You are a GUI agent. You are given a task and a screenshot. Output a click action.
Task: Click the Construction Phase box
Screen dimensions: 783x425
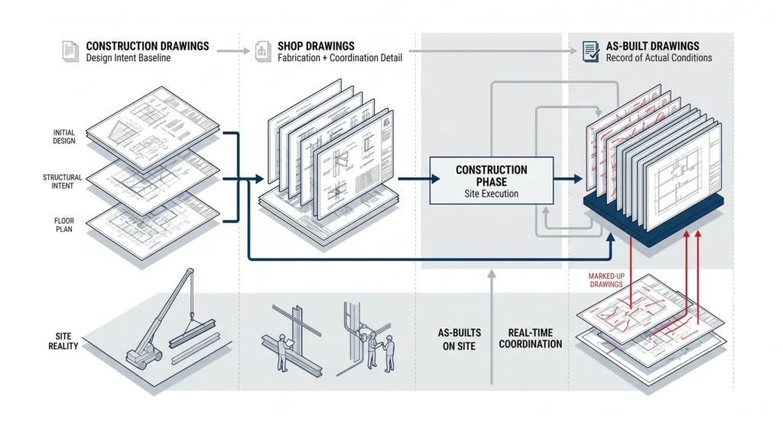[x=492, y=181]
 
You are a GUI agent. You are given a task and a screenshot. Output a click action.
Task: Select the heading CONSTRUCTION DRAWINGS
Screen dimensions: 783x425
[x=148, y=46]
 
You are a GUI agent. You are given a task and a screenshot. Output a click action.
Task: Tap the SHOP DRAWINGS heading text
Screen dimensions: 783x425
[x=316, y=46]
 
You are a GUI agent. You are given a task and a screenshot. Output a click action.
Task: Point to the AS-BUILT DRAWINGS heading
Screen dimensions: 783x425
[x=653, y=46]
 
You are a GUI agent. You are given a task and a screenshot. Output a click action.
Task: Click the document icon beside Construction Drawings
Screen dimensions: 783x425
[x=70, y=51]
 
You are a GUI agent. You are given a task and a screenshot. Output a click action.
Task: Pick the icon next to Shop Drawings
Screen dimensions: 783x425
[x=263, y=51]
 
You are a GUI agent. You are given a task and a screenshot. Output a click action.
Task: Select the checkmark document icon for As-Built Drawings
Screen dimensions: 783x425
[x=591, y=51]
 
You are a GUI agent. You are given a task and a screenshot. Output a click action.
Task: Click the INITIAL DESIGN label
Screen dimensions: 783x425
[x=64, y=136]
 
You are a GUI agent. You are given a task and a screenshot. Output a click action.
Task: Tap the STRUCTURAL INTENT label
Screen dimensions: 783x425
[x=63, y=181]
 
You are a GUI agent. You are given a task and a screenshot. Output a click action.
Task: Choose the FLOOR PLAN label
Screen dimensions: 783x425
[x=64, y=225]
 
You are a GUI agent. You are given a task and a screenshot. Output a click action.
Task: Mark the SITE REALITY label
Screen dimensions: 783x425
[x=63, y=341]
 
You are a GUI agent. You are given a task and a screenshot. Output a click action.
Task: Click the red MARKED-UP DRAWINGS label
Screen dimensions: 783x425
[x=606, y=280]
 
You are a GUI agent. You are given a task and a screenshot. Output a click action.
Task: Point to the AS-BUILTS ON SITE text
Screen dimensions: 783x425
[x=460, y=339]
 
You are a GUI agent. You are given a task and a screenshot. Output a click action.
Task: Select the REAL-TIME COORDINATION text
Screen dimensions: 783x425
[x=531, y=338]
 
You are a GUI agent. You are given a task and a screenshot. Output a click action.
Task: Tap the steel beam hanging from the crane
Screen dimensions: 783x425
[x=193, y=333]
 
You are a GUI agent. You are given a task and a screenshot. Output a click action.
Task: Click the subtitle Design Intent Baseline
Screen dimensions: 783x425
[x=128, y=58]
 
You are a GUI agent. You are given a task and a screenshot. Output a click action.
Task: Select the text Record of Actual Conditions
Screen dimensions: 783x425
[x=659, y=58]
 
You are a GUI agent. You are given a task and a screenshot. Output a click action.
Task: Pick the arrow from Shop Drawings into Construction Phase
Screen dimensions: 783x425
[x=418, y=178]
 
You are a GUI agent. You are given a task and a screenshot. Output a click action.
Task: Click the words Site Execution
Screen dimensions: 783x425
[x=492, y=194]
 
